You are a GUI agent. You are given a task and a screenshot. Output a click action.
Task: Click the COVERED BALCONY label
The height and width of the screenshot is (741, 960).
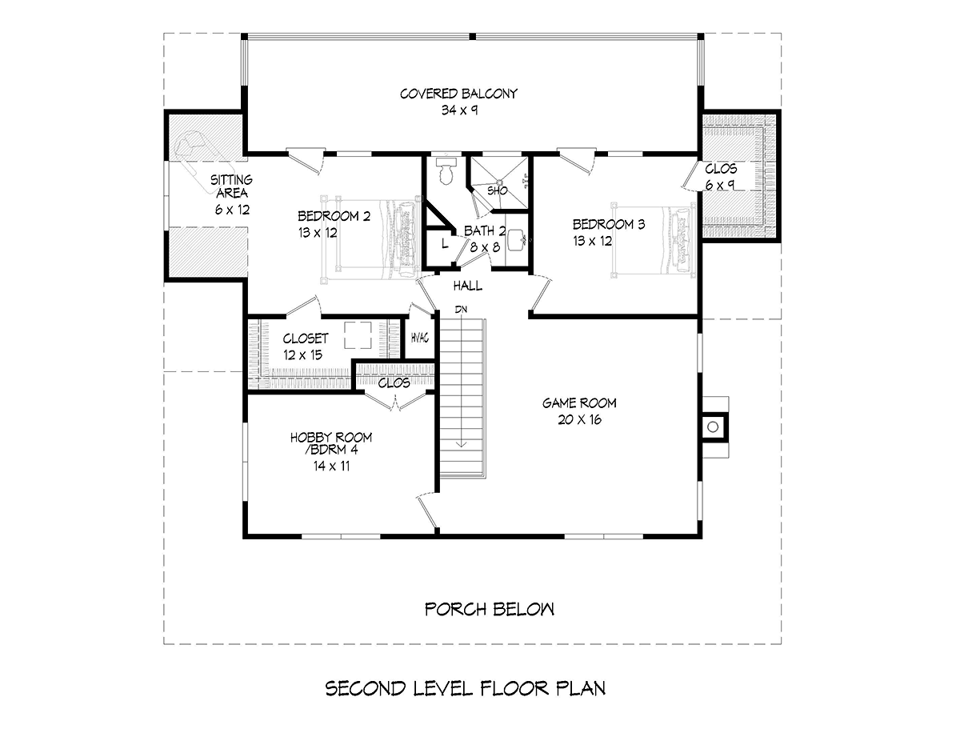click(458, 94)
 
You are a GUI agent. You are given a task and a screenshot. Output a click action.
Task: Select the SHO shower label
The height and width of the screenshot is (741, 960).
click(498, 191)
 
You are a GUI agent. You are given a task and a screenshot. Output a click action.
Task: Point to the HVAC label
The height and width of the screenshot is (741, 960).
click(420, 338)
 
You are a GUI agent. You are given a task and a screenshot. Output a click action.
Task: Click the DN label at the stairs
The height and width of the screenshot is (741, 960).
click(461, 310)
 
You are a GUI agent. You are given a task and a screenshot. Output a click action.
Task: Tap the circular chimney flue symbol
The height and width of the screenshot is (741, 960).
click(713, 427)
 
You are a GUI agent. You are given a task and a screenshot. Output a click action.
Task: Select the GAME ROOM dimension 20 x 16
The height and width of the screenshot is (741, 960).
click(580, 419)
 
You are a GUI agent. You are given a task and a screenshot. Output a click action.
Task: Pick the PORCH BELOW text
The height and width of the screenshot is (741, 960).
click(490, 609)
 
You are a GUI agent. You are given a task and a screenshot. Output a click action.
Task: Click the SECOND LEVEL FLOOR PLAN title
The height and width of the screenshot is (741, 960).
click(466, 688)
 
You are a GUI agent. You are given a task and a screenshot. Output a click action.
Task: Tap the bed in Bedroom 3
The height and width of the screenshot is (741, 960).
click(654, 240)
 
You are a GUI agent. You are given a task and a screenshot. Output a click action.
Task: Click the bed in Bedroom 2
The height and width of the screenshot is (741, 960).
click(370, 238)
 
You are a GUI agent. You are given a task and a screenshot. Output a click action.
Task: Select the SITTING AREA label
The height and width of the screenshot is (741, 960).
click(231, 186)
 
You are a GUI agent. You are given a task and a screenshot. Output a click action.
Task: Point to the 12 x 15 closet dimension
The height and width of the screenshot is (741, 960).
click(303, 354)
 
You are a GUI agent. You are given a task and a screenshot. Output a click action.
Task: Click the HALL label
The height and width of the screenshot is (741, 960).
click(468, 286)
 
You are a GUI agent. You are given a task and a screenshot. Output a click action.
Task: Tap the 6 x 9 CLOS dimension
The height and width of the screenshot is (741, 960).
click(720, 185)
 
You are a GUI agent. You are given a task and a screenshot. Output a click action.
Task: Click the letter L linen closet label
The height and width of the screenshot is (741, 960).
click(445, 243)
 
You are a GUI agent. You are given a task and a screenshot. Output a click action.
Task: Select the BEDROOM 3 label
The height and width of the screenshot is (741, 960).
click(609, 225)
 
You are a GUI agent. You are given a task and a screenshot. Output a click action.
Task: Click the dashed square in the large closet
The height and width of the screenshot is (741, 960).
click(358, 335)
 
